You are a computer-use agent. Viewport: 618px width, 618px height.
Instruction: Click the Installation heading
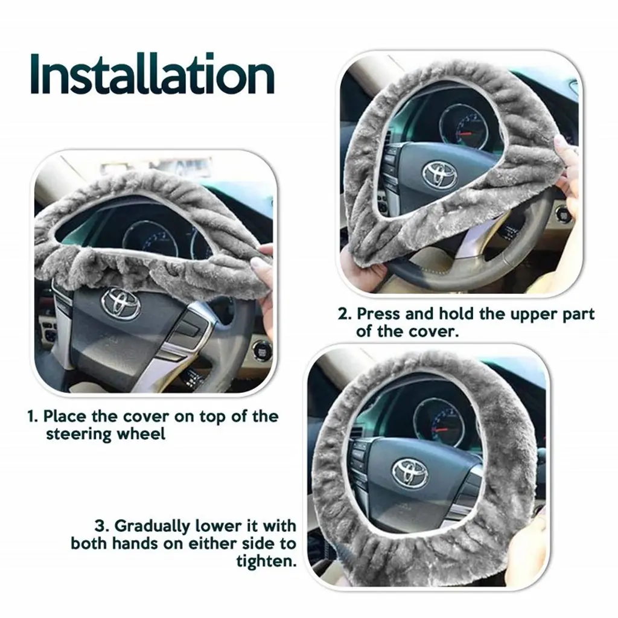(152, 74)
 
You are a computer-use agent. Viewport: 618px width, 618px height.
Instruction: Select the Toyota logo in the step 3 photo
(410, 472)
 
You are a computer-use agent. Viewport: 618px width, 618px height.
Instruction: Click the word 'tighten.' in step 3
(266, 561)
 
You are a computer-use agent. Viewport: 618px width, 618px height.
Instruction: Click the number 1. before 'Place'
(33, 416)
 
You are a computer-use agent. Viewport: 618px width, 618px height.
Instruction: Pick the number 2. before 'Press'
(345, 314)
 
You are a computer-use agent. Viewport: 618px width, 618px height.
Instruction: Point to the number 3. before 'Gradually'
(102, 526)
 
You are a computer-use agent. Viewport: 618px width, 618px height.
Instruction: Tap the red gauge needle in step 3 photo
(439, 429)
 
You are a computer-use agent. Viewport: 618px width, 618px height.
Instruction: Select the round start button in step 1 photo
(260, 349)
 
